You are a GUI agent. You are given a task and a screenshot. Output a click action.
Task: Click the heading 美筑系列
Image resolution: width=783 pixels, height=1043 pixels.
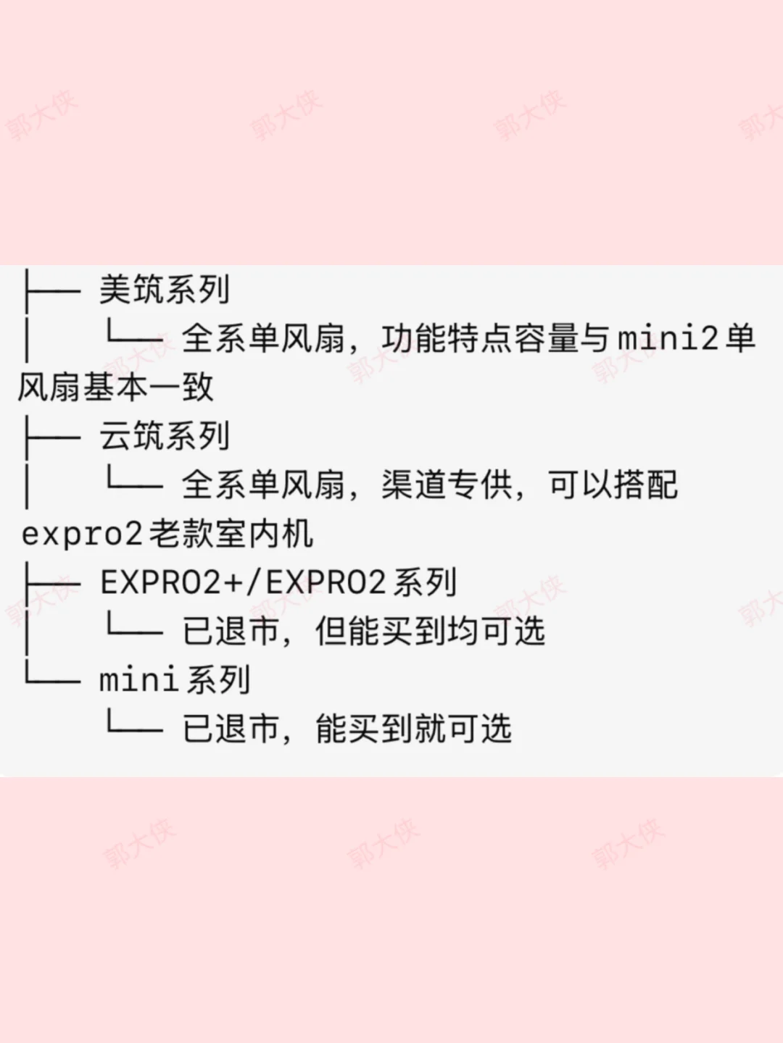tap(165, 290)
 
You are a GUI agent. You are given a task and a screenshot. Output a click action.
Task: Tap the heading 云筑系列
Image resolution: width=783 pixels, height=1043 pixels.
tap(165, 436)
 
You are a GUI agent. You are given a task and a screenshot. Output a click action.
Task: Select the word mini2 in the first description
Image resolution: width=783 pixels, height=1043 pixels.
tap(668, 338)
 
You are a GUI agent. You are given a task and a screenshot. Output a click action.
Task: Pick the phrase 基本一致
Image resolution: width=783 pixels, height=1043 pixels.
tap(148, 387)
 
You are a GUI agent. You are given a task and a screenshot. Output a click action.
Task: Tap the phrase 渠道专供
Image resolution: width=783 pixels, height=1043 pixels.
tap(447, 485)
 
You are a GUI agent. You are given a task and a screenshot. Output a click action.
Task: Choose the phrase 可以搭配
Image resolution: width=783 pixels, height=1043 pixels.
tap(613, 485)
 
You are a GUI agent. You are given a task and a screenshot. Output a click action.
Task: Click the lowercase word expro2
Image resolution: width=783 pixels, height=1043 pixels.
tap(82, 535)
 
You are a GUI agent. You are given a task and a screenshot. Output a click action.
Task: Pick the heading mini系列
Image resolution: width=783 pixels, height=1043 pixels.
tap(174, 680)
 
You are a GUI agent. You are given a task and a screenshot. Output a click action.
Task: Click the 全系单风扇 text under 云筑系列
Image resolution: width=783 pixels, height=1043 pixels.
tap(262, 485)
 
